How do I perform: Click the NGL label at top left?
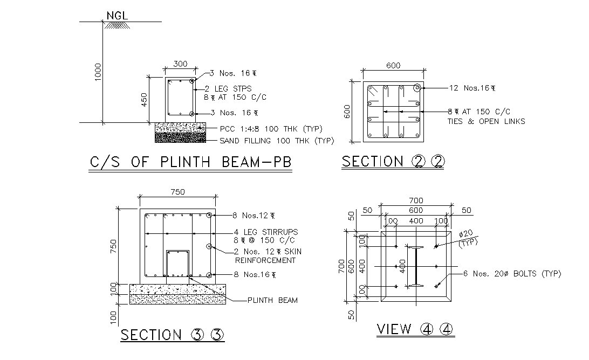[x=117, y=16]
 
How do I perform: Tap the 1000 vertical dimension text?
[x=98, y=72]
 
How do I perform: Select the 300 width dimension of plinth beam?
[x=180, y=64]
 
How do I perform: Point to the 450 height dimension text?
[x=144, y=99]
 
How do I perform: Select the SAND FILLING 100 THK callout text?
[x=276, y=141]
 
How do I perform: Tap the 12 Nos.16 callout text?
[x=472, y=88]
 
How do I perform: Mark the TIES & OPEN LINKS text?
[x=486, y=121]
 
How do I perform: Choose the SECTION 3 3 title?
[x=172, y=335]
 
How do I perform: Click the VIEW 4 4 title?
[x=415, y=329]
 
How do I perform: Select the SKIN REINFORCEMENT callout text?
[x=265, y=256]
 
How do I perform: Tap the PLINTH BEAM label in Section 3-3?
[x=272, y=300]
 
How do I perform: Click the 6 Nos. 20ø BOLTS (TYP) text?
[x=512, y=274]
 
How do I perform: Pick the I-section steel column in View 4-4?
[x=416, y=267]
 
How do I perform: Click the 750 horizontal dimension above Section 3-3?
[x=177, y=192]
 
